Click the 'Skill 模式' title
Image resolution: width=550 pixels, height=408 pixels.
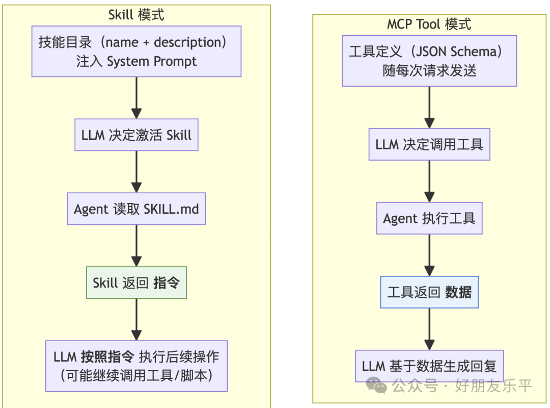pos(136,15)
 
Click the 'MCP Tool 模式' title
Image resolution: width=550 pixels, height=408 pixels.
pos(429,24)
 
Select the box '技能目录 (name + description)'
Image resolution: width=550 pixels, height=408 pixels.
pos(136,52)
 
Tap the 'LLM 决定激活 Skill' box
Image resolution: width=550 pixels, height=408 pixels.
pos(136,135)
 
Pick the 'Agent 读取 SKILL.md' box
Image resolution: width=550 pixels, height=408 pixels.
pos(136,209)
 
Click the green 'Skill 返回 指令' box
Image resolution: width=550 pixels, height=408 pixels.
pos(136,283)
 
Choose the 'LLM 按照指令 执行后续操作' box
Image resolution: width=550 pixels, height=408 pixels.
pos(136,366)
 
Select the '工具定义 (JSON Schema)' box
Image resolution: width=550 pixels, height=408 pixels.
pos(429,61)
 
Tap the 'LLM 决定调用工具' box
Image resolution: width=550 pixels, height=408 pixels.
pos(429,144)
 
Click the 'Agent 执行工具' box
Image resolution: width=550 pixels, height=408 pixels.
pos(429,218)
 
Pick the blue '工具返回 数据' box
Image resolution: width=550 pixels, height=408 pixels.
pos(429,292)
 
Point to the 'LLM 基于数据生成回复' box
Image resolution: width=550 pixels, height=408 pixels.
pos(429,366)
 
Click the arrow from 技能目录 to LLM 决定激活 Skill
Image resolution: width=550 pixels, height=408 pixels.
pos(136,98)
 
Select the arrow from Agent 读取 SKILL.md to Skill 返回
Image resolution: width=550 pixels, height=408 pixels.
pos(136,246)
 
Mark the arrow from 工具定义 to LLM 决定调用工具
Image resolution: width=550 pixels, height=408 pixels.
pos(429,107)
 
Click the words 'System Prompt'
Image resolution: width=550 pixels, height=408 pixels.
pos(152,62)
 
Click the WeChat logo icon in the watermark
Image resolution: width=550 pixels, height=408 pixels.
pos(377,386)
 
